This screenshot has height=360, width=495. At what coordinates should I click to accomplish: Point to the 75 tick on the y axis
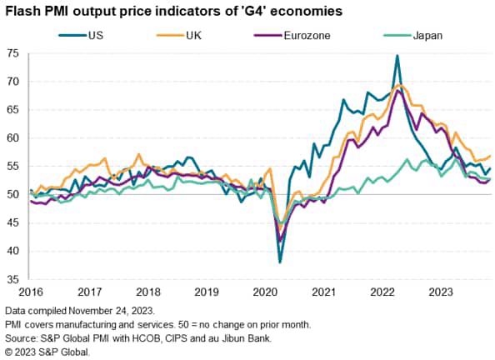[x=12, y=53]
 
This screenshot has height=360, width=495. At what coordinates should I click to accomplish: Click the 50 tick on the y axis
[x=12, y=194]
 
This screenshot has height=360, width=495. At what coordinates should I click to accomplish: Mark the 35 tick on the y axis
[x=12, y=279]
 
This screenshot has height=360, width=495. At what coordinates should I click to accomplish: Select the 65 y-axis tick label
[x=12, y=110]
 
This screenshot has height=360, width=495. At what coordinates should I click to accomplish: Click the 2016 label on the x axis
[x=30, y=292]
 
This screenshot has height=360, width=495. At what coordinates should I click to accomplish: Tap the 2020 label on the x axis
[x=265, y=292]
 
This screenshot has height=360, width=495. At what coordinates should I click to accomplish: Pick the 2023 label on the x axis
[x=442, y=292]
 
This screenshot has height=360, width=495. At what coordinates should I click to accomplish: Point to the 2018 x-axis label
[x=147, y=292]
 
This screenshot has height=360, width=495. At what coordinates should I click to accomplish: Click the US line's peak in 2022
[x=397, y=56]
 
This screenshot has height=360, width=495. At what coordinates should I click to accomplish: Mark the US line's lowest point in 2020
[x=279, y=262]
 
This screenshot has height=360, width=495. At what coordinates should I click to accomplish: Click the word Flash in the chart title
[x=21, y=12]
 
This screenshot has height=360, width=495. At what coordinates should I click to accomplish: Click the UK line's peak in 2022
[x=401, y=85]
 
